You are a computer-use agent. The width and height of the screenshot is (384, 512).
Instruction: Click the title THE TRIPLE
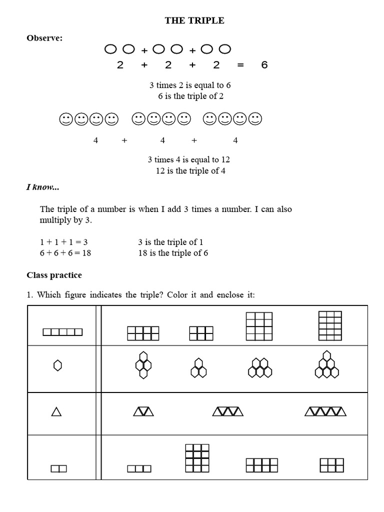[x=194, y=20]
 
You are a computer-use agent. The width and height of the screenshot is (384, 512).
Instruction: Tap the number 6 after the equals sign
[x=264, y=65]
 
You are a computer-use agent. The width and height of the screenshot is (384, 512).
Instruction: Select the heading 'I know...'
[x=42, y=187]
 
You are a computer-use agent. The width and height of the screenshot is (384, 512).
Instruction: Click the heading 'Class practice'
[x=54, y=275]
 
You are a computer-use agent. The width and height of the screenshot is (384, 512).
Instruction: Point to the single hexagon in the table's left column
[x=57, y=366]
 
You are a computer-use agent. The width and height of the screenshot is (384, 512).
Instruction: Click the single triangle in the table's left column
[x=56, y=411]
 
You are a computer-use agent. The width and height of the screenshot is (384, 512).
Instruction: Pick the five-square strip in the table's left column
[x=62, y=332]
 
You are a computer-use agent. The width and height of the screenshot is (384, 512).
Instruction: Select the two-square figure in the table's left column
[x=58, y=468]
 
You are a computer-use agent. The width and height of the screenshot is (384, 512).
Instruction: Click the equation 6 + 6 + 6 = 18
[x=65, y=253]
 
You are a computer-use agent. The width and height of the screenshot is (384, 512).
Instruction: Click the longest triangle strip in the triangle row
[x=325, y=411]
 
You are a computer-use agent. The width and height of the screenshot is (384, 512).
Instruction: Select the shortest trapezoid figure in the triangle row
[x=143, y=411]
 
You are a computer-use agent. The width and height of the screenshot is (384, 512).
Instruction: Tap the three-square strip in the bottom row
[x=139, y=468]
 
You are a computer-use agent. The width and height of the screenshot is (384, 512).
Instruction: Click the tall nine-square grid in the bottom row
[x=196, y=457]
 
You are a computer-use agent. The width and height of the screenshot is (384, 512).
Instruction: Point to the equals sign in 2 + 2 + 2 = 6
[x=240, y=65]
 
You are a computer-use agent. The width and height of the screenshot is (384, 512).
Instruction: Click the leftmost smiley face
[x=65, y=119]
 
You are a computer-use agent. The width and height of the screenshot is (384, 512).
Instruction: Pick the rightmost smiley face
[x=255, y=119]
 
